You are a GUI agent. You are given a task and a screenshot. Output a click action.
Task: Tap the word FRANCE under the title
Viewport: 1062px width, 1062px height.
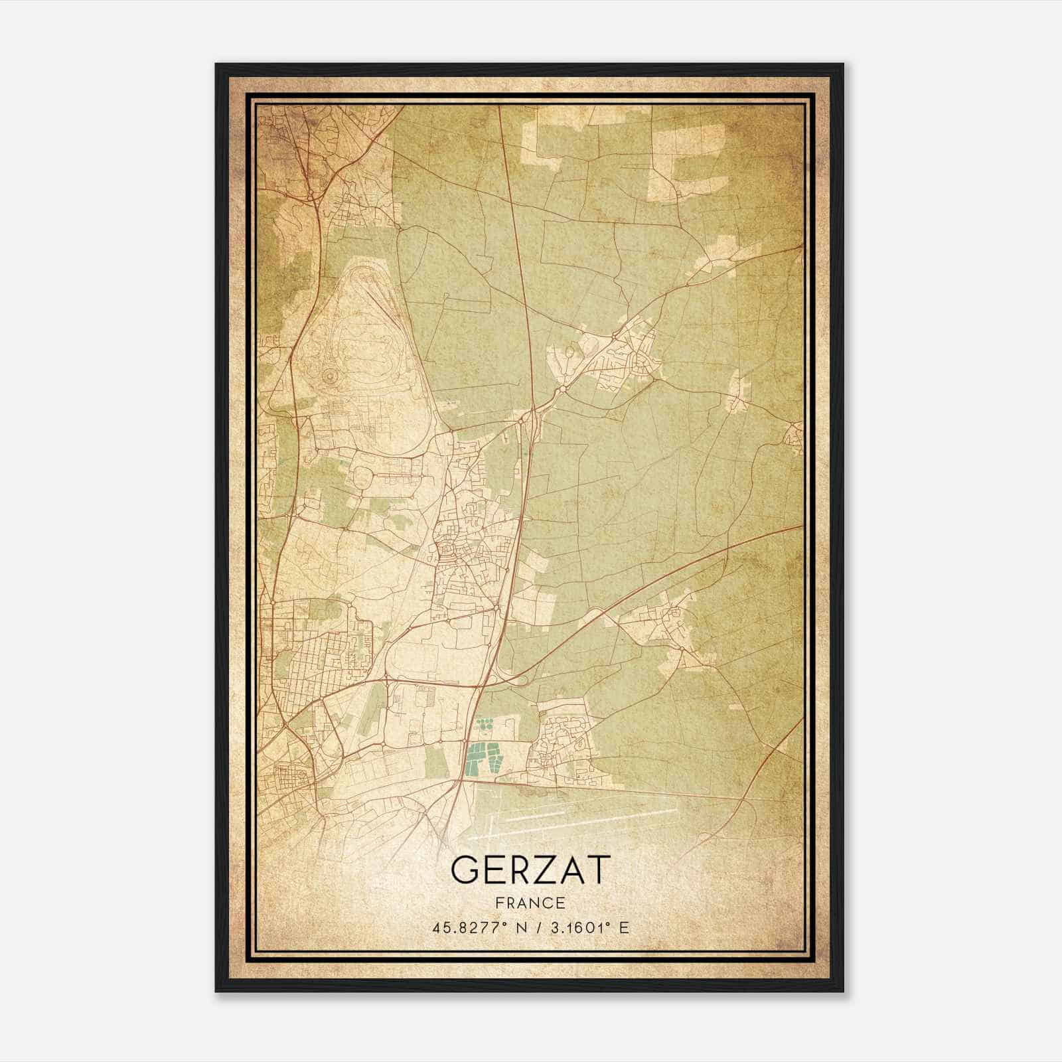[x=530, y=903]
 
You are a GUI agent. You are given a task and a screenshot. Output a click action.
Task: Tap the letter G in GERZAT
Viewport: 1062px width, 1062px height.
[x=465, y=869]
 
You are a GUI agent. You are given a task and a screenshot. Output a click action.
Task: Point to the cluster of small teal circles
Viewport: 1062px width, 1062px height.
[x=485, y=725]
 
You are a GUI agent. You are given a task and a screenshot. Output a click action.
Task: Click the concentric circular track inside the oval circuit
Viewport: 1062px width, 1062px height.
[x=329, y=377]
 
